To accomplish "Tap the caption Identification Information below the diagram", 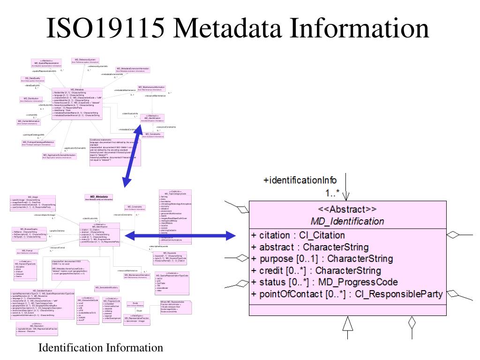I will [x=101, y=348].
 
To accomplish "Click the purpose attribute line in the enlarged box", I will [x=322, y=259].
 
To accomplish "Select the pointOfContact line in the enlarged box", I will [x=347, y=294].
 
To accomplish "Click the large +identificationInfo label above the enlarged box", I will [x=300, y=180].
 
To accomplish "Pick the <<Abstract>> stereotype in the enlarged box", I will [x=347, y=210].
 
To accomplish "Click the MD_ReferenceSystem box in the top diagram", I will [x=85, y=61].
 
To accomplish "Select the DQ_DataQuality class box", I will [x=32, y=79].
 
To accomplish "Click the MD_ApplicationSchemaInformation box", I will [x=60, y=156].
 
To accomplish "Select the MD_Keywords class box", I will [x=172, y=256].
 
